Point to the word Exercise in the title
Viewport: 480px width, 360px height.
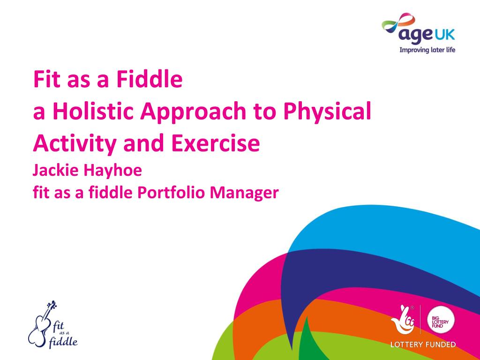215,143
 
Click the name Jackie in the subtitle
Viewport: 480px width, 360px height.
55,170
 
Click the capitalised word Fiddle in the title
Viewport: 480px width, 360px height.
150,79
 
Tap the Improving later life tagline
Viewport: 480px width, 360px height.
427,50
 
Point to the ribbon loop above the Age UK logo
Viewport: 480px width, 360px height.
398,22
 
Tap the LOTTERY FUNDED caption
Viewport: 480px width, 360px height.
423,345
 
